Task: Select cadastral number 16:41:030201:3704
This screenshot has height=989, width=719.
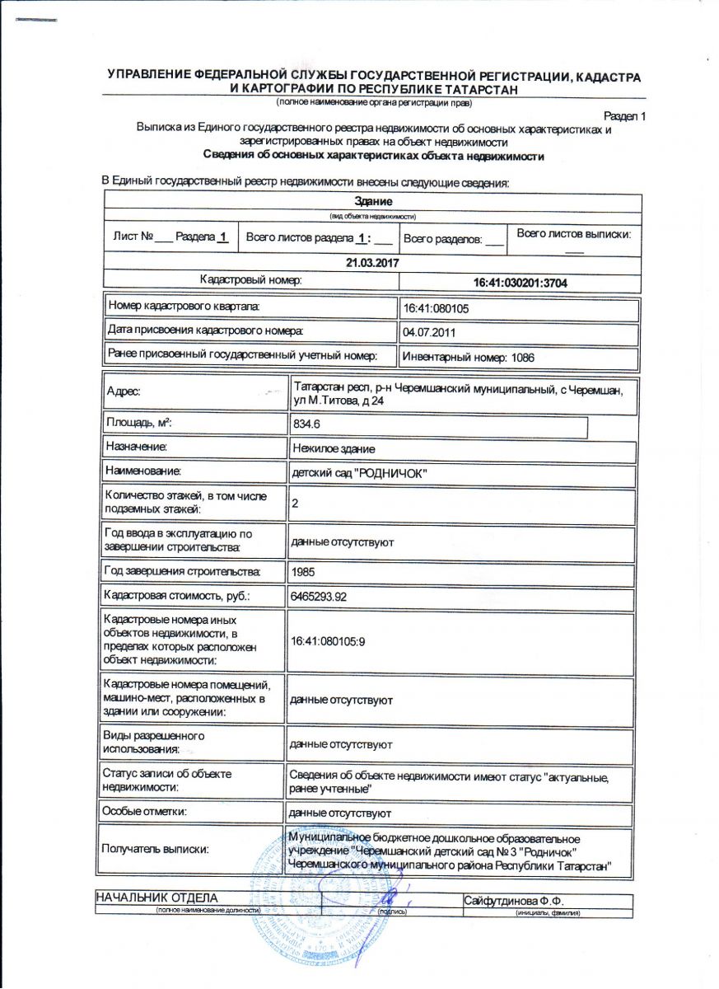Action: coord(521,283)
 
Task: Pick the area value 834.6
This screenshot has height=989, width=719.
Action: coord(306,424)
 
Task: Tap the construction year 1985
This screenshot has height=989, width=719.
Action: coord(304,571)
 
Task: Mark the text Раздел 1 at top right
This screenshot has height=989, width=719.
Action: coord(624,116)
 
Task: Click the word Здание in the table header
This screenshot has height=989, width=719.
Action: coord(372,201)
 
